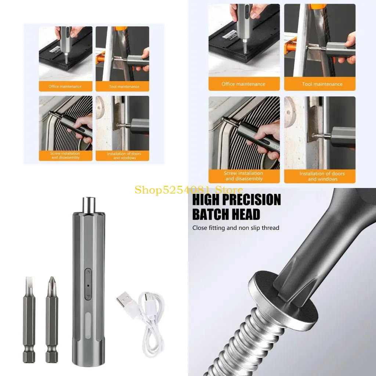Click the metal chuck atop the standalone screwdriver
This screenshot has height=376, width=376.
point(88,204)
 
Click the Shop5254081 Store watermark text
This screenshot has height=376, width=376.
point(188,190)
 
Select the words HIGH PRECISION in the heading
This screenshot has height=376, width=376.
point(236,200)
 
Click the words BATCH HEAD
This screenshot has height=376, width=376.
point(226,214)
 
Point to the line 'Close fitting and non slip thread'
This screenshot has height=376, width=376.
point(236,228)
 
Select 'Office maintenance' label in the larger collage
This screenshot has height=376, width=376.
point(243,84)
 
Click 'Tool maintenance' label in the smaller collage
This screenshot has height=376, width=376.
point(124,87)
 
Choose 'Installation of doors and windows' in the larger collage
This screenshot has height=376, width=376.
point(322,176)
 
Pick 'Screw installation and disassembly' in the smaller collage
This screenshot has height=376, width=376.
point(65,156)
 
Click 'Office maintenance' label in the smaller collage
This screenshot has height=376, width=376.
point(65,87)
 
